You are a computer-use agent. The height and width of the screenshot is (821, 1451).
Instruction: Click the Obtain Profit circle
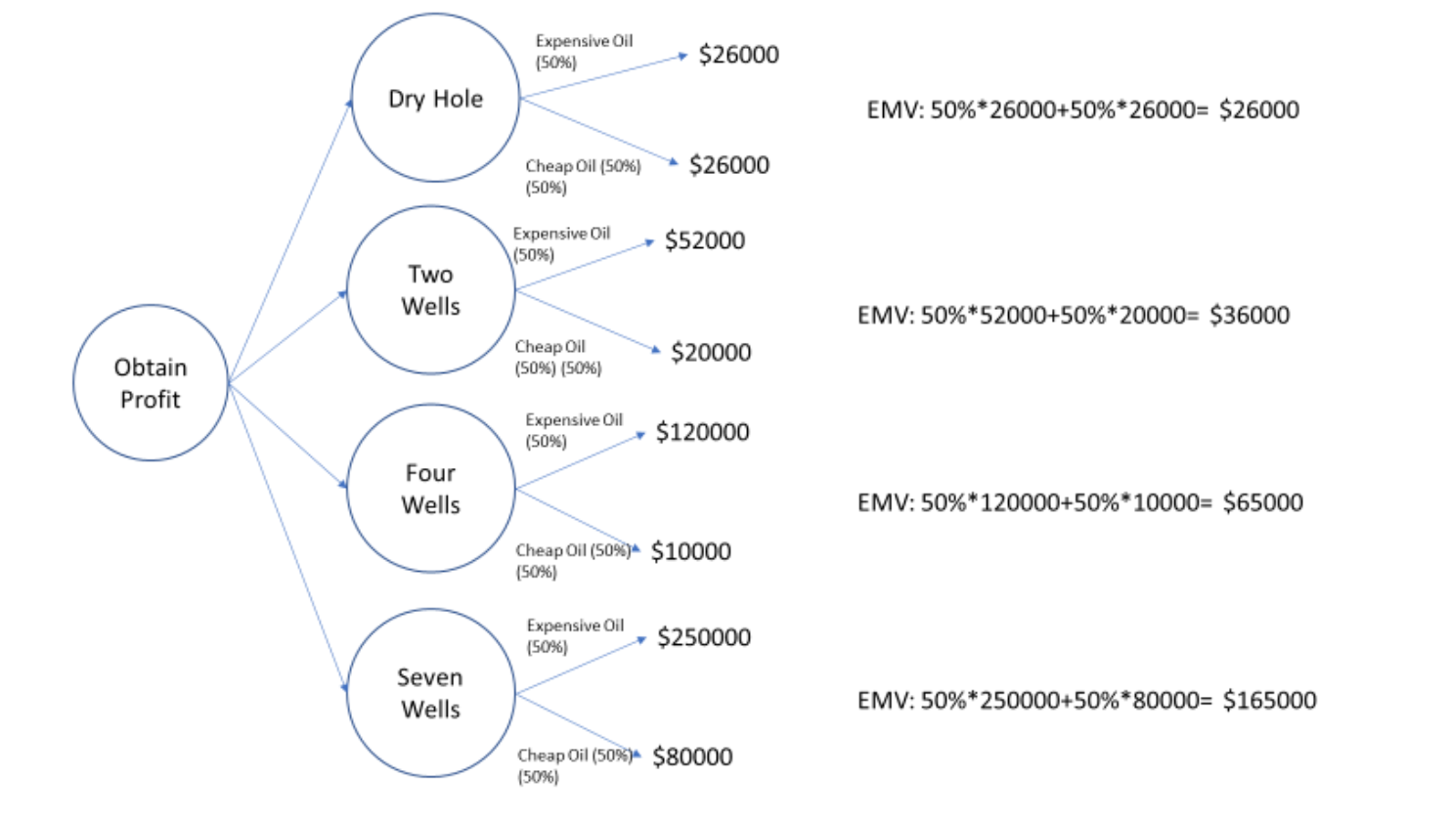pos(151,383)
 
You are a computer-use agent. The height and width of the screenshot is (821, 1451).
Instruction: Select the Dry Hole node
pos(435,99)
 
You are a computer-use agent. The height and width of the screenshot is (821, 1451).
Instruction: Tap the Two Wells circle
pos(430,290)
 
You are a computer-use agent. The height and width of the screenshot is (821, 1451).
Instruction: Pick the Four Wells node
pos(430,489)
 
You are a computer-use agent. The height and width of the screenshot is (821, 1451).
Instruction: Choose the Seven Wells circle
pos(430,693)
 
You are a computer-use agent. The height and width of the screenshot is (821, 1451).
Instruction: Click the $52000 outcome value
pos(704,240)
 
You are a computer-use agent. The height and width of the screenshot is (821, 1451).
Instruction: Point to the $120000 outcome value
pos(702,432)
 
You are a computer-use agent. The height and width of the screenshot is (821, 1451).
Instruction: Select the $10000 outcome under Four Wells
pos(690,551)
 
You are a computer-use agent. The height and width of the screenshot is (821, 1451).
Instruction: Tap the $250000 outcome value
pos(704,637)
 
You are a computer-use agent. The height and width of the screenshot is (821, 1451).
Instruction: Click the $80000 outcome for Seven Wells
pos(692,756)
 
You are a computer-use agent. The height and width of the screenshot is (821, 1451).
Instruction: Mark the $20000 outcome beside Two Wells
pos(711,353)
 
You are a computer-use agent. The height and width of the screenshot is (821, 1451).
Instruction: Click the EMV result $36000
pos(1249,315)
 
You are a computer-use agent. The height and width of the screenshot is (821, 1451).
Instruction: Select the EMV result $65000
pos(1262,502)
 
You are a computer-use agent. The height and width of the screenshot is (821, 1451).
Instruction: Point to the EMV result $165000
pos(1269,700)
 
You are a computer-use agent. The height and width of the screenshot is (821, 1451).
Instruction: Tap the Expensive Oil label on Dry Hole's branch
pos(584,41)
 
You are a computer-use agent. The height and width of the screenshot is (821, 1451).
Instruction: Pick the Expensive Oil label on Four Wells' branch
pos(574,420)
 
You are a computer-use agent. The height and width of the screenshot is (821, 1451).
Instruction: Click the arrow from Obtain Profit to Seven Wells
pos(287,538)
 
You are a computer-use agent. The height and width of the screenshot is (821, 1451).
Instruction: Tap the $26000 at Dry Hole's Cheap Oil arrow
pos(728,165)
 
